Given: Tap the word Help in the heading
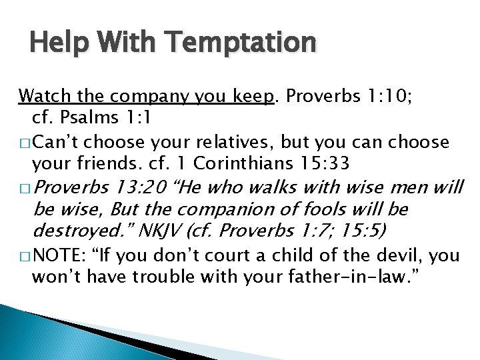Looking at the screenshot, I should (x=54, y=43).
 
